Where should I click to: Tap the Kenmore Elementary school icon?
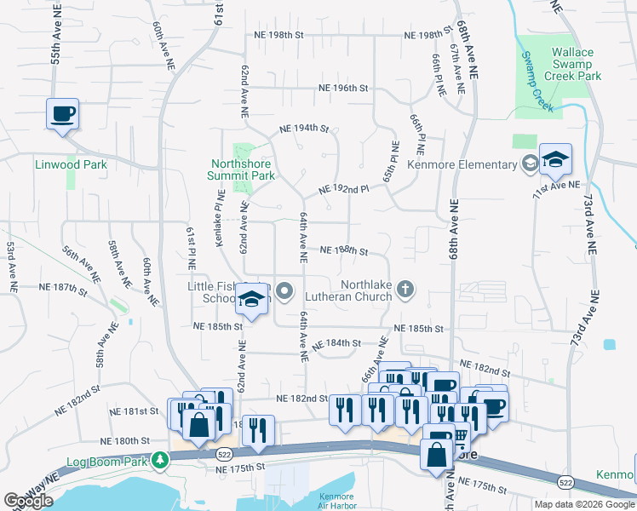coord(554,159)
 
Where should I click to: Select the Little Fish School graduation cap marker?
coord(252,299)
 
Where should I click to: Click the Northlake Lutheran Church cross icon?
coord(405,290)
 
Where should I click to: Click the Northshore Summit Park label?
coord(241,169)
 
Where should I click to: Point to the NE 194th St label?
coord(304,129)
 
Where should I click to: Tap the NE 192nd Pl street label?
coord(343,189)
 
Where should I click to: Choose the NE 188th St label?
coord(343,251)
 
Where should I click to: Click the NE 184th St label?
coord(337,343)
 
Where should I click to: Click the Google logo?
coord(29,501)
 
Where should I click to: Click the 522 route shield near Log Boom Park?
coord(224,454)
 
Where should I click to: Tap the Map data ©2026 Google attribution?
coord(583,504)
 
